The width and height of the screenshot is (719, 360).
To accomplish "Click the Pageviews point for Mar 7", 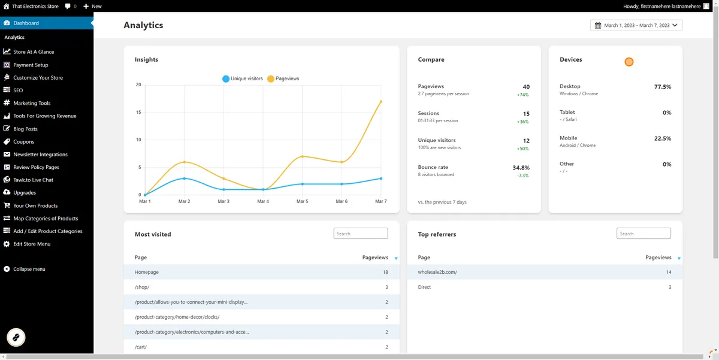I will (380, 102).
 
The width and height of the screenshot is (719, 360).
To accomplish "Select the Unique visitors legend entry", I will (243, 78).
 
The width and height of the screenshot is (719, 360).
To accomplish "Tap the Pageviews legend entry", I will (283, 78).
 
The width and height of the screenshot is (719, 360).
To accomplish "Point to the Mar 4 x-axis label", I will (263, 201).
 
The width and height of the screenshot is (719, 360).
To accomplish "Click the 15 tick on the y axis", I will (138, 113).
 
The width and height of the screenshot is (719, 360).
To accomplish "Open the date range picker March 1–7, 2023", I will (636, 25).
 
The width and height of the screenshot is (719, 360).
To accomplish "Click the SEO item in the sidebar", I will (18, 90).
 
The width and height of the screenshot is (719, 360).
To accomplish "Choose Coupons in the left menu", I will (24, 142).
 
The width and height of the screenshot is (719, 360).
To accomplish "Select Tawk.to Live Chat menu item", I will (33, 180).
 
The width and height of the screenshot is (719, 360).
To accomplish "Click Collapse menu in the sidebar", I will (29, 269).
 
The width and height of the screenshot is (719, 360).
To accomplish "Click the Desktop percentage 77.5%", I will (663, 87).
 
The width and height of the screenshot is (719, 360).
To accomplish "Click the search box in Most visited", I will (361, 234).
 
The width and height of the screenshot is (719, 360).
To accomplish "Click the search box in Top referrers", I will (644, 234).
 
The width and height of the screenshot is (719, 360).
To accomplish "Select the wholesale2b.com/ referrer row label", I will (437, 272).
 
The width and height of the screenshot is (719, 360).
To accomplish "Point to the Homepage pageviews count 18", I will (385, 272).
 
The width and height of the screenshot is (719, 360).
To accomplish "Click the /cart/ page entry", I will (141, 347).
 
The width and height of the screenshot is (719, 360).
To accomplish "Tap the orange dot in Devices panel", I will (629, 62).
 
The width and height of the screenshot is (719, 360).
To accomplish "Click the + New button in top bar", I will (93, 6).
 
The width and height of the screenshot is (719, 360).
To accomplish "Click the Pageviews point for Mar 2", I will (185, 162).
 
